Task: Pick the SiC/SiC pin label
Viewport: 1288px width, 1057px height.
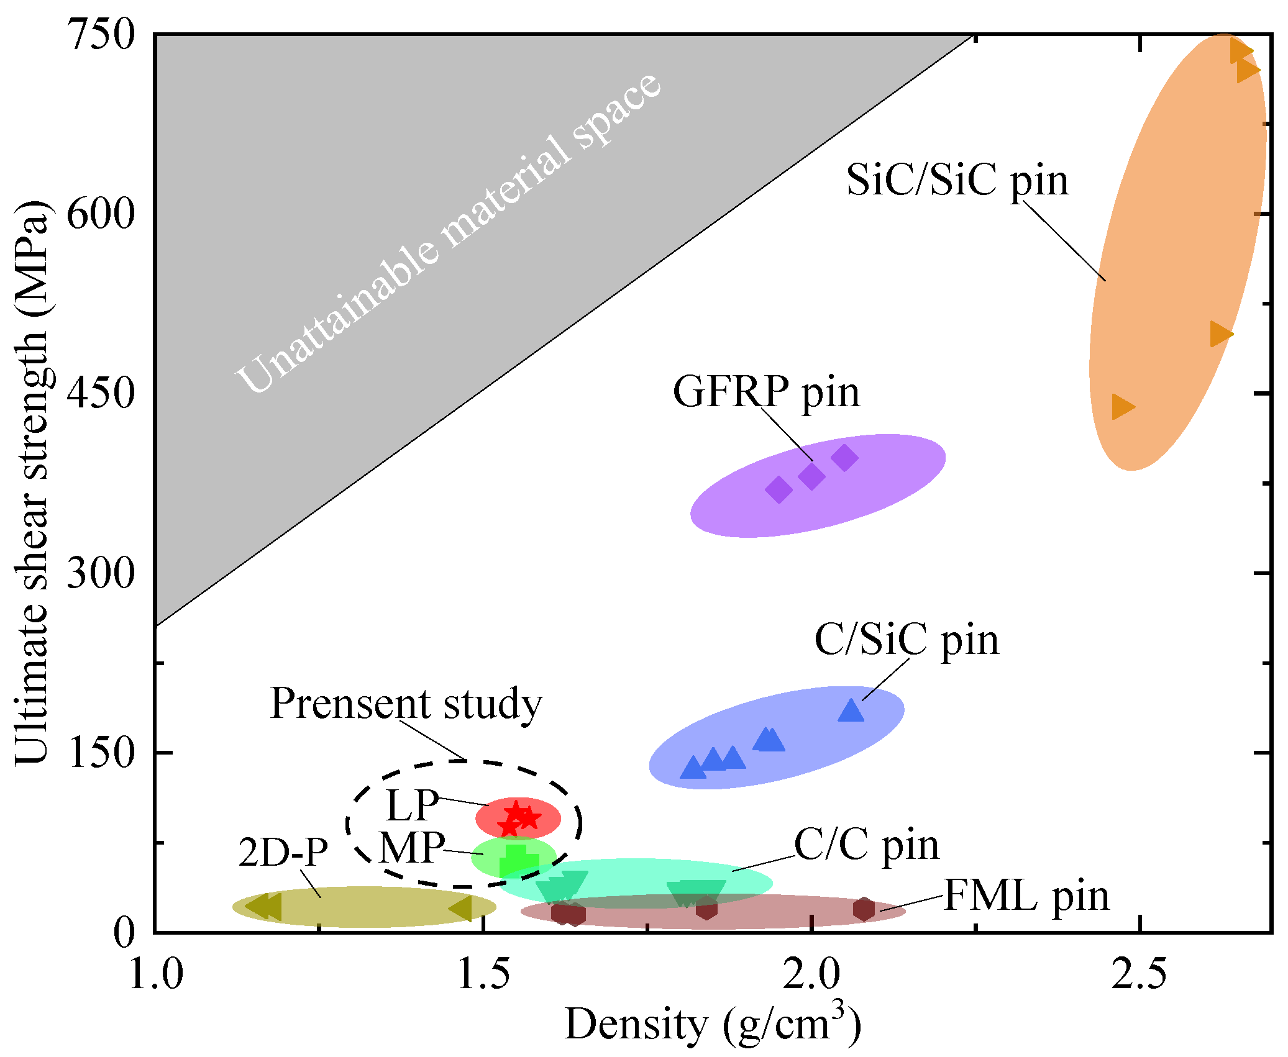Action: click(957, 181)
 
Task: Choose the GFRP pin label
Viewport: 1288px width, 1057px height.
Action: click(766, 392)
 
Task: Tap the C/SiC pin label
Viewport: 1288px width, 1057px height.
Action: click(907, 640)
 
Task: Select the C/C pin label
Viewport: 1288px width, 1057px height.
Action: click(867, 845)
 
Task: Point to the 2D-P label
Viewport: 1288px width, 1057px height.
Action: click(283, 852)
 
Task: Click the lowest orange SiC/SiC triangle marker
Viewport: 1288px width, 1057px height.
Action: click(1123, 407)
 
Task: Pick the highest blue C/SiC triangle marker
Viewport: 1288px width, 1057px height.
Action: click(851, 710)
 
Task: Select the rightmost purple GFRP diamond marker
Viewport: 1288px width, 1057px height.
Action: click(844, 458)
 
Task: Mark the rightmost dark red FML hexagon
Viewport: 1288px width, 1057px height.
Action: click(864, 909)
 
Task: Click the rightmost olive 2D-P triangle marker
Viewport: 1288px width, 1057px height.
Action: click(461, 908)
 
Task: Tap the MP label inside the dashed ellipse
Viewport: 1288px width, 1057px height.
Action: click(412, 848)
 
